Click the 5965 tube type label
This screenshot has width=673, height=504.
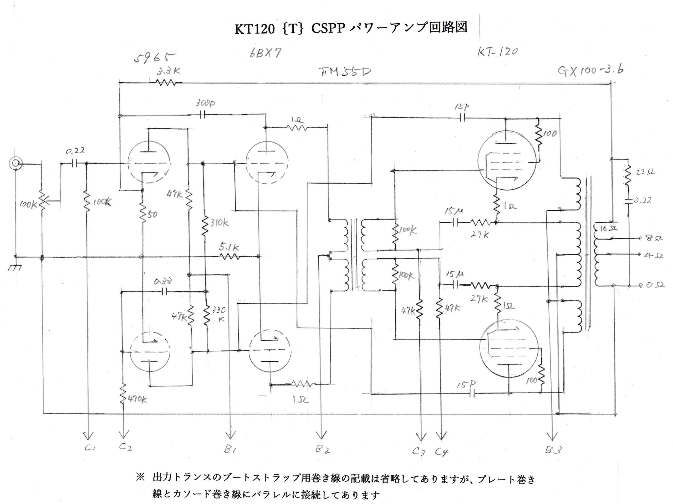(x=155, y=56)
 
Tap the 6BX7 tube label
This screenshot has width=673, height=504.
(x=265, y=53)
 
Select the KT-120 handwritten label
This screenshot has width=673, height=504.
(x=497, y=52)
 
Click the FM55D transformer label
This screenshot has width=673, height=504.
(x=345, y=72)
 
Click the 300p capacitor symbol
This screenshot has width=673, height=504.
(x=203, y=115)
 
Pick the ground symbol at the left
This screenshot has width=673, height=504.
(x=15, y=267)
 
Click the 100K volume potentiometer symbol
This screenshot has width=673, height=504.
(x=42, y=201)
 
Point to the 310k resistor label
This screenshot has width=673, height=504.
(x=219, y=223)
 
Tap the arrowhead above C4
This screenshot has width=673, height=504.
(x=441, y=436)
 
